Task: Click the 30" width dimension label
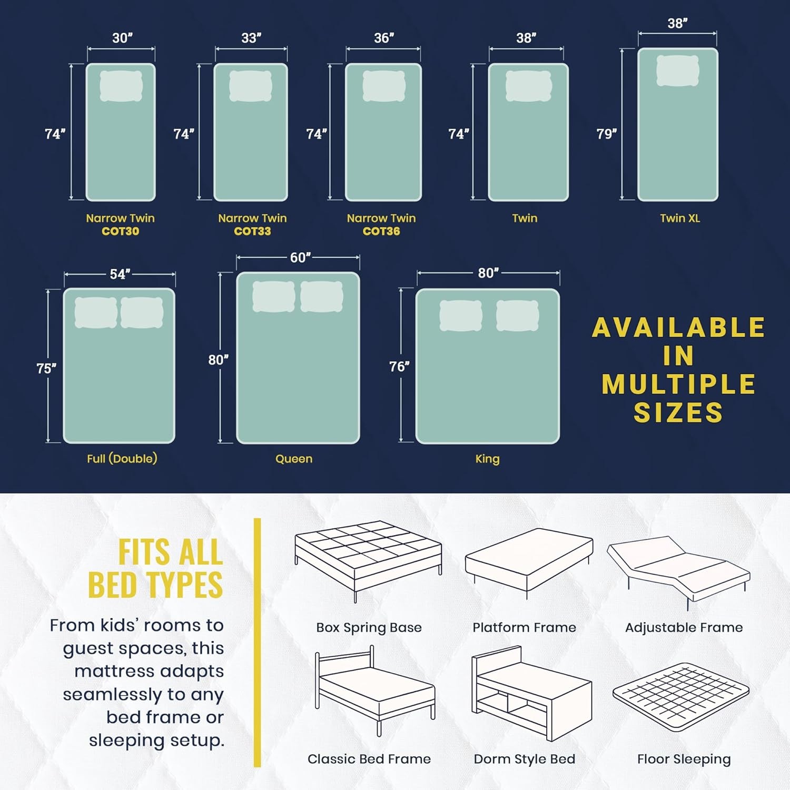(x=122, y=38)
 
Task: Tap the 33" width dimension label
(x=251, y=38)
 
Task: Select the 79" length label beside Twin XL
(x=606, y=134)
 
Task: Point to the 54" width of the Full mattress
(x=120, y=274)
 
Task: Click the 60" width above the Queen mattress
(x=300, y=258)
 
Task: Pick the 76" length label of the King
(x=399, y=366)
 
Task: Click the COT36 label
(x=381, y=231)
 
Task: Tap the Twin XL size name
(x=680, y=218)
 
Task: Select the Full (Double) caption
(x=122, y=459)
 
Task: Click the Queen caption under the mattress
(x=294, y=459)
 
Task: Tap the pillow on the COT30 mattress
(x=121, y=85)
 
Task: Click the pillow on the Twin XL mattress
(x=678, y=71)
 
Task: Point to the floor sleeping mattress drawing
(x=681, y=697)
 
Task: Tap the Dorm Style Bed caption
(x=525, y=759)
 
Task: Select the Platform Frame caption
(x=524, y=627)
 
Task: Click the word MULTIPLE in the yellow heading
(x=678, y=384)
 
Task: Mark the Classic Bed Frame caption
(x=369, y=759)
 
